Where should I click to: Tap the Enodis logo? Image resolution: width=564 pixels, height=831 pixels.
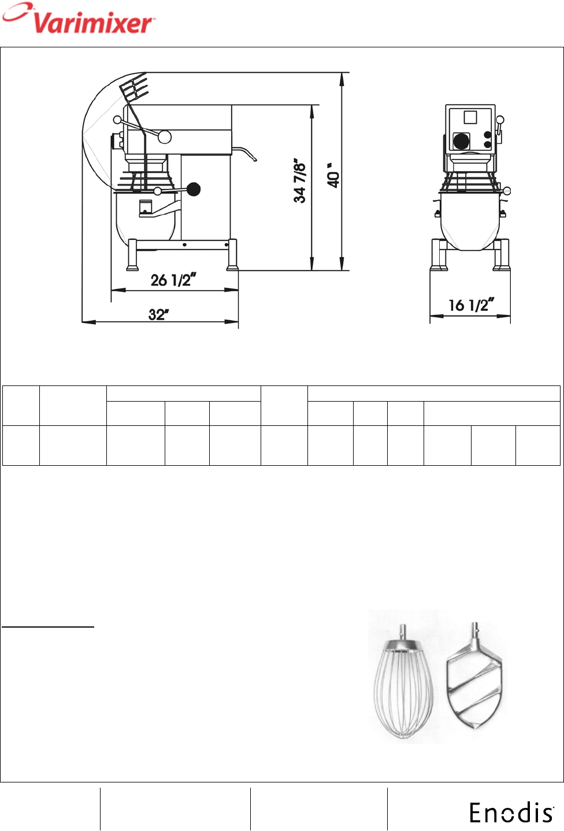pyautogui.click(x=511, y=813)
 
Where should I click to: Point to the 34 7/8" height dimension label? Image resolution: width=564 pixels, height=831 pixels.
pyautogui.click(x=299, y=183)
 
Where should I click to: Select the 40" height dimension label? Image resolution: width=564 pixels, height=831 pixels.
pyautogui.click(x=333, y=176)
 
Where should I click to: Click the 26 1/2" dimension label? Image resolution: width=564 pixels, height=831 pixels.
pyautogui.click(x=173, y=280)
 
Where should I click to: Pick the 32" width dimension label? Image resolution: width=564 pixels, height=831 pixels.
pyautogui.click(x=158, y=314)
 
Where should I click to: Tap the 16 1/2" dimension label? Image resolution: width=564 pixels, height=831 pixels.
pyautogui.click(x=471, y=305)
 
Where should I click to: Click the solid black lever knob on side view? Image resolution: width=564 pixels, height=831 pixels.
pyautogui.click(x=194, y=189)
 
